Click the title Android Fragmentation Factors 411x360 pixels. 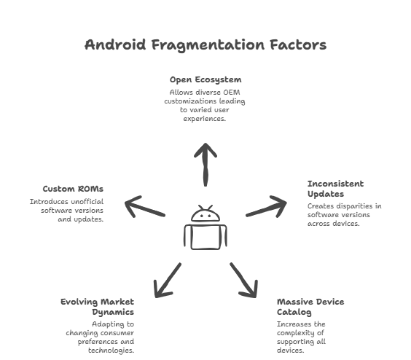click(205, 45)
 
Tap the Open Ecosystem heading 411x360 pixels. click(205, 79)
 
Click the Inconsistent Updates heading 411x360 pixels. click(335, 189)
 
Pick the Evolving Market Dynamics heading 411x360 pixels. click(98, 306)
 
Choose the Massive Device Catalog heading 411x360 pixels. click(310, 306)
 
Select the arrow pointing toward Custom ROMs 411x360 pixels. click(145, 207)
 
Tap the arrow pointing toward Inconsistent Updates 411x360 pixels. click(267, 207)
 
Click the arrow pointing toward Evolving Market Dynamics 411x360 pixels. click(168, 279)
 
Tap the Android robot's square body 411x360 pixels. click(205, 237)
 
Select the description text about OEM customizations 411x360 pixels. click(205, 105)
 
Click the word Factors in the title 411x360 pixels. click(296, 45)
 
